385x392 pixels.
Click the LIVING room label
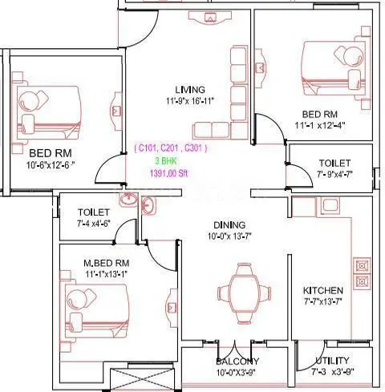click(190, 89)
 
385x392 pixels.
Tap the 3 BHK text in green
click(172, 160)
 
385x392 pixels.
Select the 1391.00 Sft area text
click(172, 172)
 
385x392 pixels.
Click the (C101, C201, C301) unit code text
click(172, 148)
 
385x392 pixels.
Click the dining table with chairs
click(238, 289)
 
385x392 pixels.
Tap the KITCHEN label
click(323, 289)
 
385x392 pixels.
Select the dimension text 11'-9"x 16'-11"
click(190, 101)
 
